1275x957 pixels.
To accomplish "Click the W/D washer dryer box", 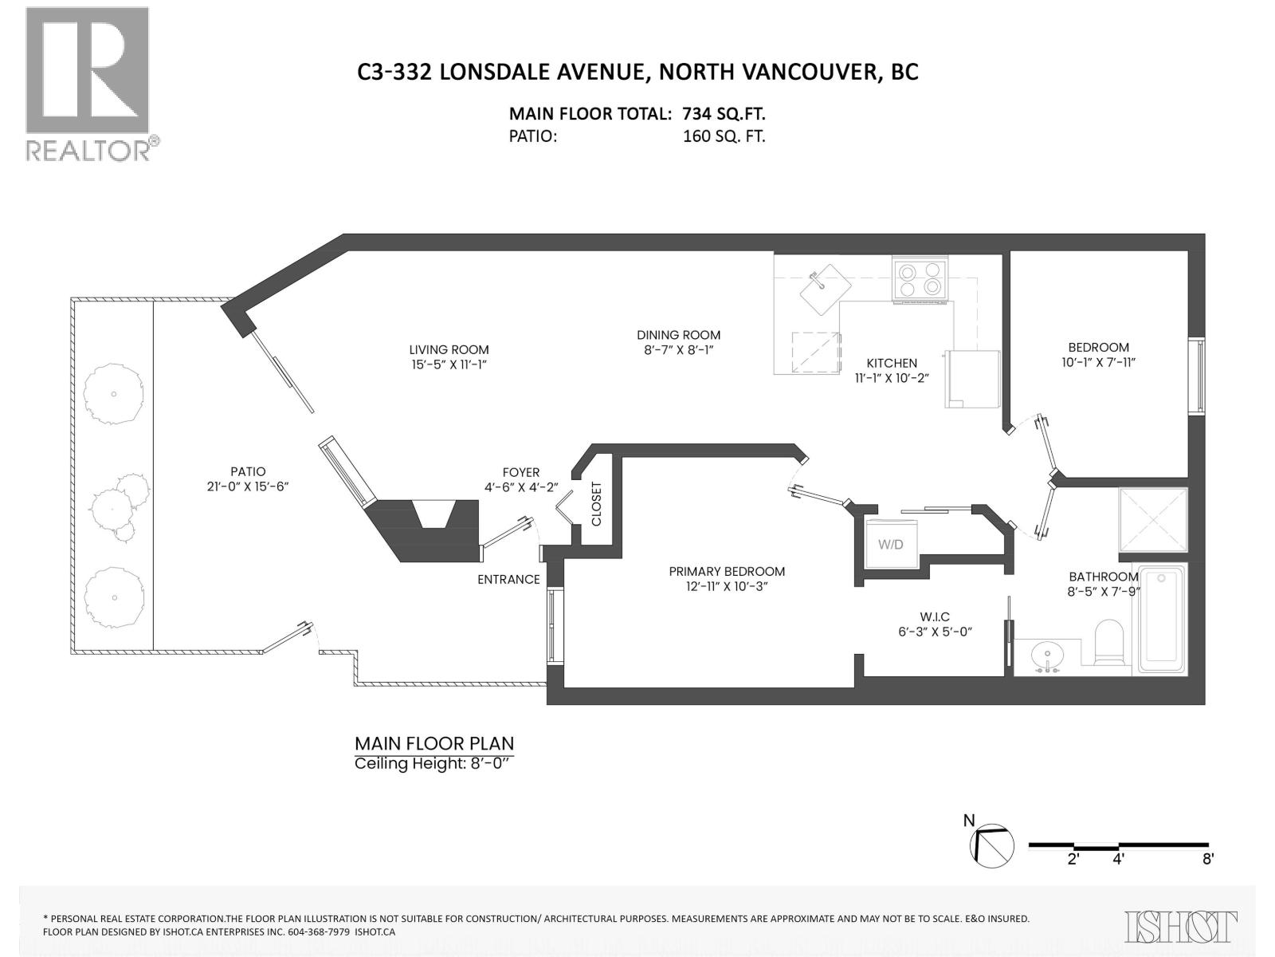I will pyautogui.click(x=891, y=544).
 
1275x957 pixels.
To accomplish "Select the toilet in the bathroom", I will pyautogui.click(x=1108, y=643).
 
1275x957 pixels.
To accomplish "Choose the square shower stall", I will pyautogui.click(x=1153, y=519).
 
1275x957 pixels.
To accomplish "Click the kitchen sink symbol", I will pyautogui.click(x=825, y=289).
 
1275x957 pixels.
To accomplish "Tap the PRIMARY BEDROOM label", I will pyautogui.click(x=727, y=571).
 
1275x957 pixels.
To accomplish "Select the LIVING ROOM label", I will pyautogui.click(x=449, y=349).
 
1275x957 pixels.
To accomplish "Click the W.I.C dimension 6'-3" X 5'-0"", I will pyautogui.click(x=935, y=632).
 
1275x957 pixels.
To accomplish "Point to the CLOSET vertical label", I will pyautogui.click(x=596, y=504).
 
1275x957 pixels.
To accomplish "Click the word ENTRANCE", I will pyautogui.click(x=508, y=580).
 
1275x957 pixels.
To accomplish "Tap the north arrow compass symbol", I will pyautogui.click(x=991, y=845).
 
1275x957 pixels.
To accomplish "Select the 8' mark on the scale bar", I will pyautogui.click(x=1208, y=859).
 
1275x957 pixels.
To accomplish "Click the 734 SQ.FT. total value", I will pyautogui.click(x=724, y=114).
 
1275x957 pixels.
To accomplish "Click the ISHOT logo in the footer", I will pyautogui.click(x=1181, y=927).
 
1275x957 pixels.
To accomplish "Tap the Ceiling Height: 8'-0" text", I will pyautogui.click(x=431, y=763).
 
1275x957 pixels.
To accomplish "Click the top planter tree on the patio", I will pyautogui.click(x=114, y=393).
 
